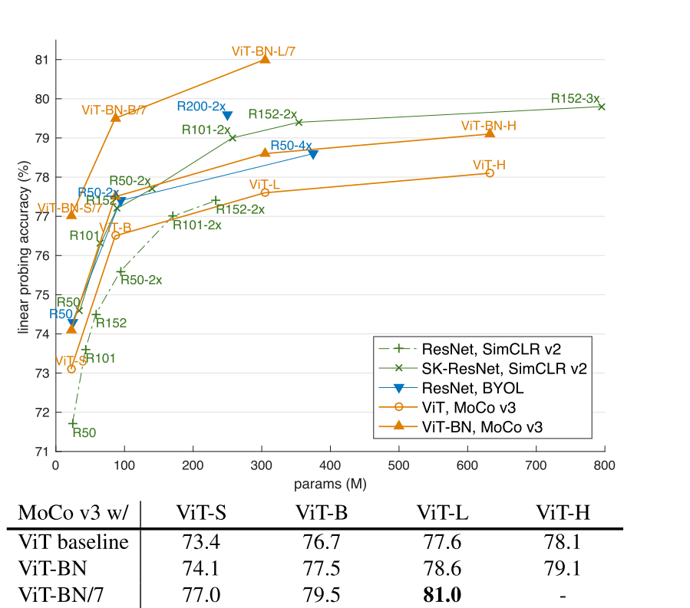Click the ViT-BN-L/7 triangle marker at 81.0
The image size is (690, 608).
coord(265,58)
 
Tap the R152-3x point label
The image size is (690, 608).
coord(575,98)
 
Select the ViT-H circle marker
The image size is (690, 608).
coord(490,173)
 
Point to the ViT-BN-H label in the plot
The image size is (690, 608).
coord(489,125)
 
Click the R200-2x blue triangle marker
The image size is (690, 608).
coord(227,116)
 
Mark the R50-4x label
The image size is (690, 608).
coord(291,146)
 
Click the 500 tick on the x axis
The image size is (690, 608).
coord(398,465)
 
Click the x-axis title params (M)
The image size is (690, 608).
coord(329,485)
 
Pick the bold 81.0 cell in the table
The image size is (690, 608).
coord(441,595)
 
